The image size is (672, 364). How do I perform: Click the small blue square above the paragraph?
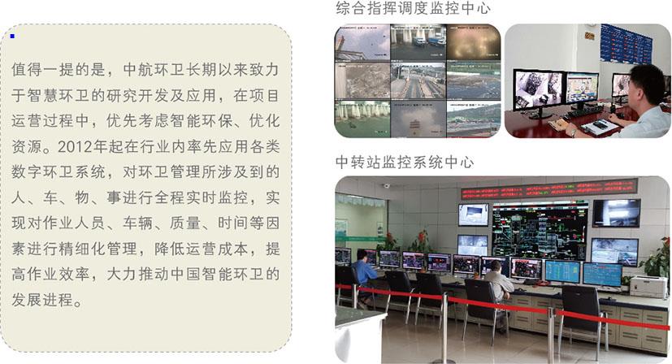point(12,36)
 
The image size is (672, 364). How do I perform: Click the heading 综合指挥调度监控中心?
point(413,8)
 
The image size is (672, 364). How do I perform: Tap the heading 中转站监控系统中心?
point(405,162)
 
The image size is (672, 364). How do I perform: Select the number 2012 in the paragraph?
point(75,146)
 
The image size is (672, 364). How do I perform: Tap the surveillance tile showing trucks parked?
point(418,42)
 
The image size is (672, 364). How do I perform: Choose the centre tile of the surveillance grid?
point(418,80)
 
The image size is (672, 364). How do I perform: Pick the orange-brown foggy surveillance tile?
point(474,42)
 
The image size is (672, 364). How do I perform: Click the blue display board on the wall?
point(626,44)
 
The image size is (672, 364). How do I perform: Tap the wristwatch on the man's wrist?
point(574,132)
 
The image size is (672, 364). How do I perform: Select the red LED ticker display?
point(549,189)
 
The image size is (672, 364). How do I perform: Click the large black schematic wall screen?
point(540,231)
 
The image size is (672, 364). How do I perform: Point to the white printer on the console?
point(649,286)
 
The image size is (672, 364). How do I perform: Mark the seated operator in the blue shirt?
point(363,277)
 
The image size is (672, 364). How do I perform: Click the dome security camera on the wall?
point(387,185)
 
